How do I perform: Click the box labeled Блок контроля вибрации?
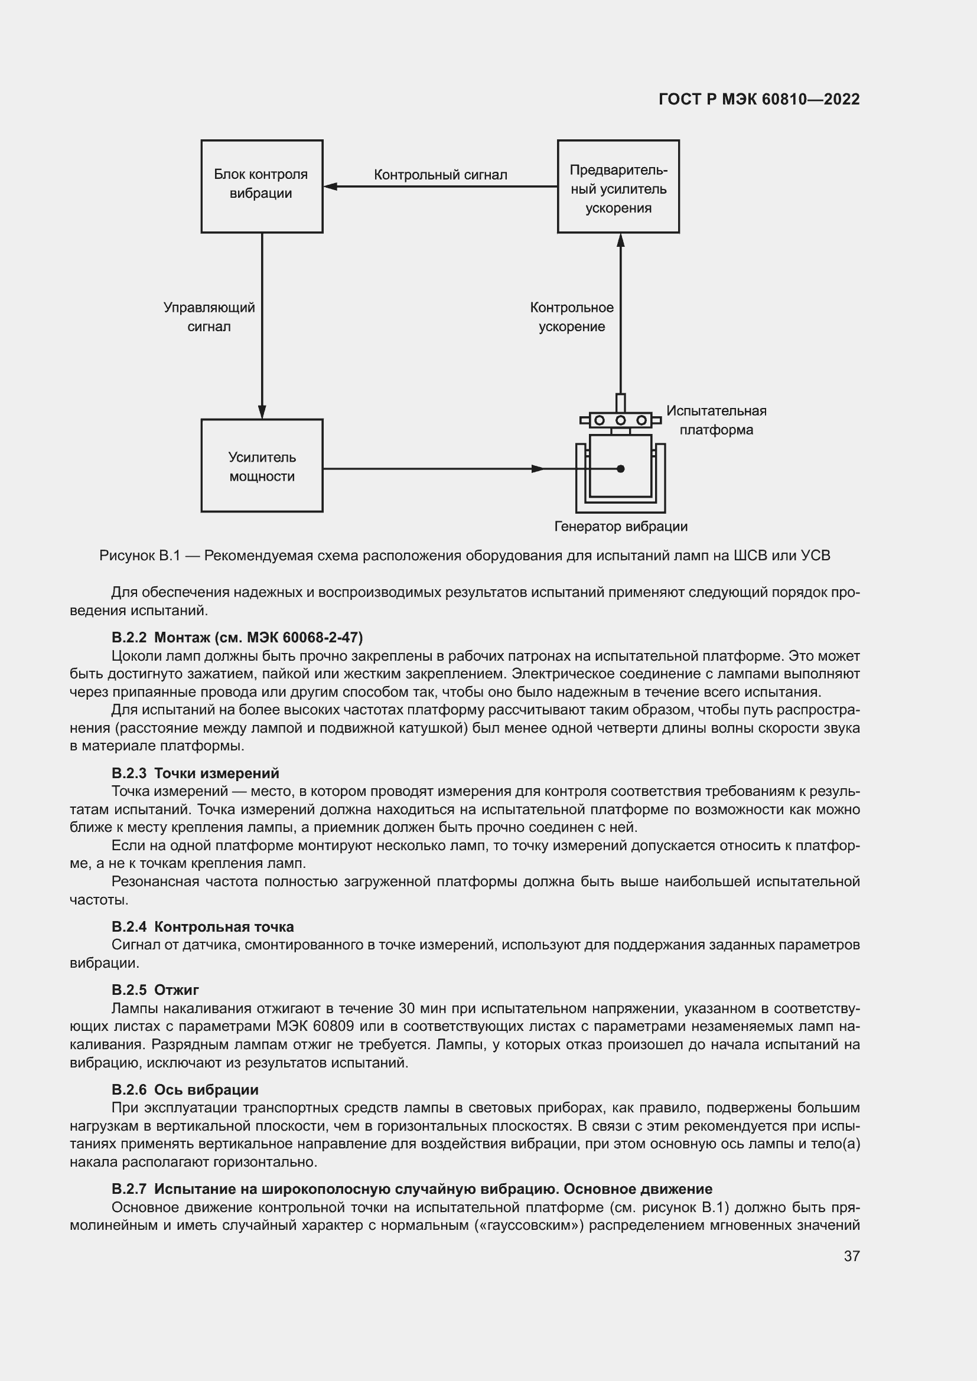point(262,187)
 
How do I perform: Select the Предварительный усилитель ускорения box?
point(618,187)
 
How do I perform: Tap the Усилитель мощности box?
point(262,465)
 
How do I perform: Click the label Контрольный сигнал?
point(441,175)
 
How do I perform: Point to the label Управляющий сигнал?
point(209,317)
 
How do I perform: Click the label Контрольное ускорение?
point(572,317)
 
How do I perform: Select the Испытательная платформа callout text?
point(716,420)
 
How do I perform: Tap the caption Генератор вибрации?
point(620,527)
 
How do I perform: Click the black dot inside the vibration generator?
point(621,469)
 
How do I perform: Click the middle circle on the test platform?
point(621,420)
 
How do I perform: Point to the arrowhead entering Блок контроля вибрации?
point(330,187)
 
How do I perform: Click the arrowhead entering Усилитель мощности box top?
point(262,412)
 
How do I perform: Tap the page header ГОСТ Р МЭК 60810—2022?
point(758,99)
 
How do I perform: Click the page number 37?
point(851,1256)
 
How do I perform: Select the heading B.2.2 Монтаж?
point(237,637)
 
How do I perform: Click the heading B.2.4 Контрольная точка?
point(202,926)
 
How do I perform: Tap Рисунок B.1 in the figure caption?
point(139,556)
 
